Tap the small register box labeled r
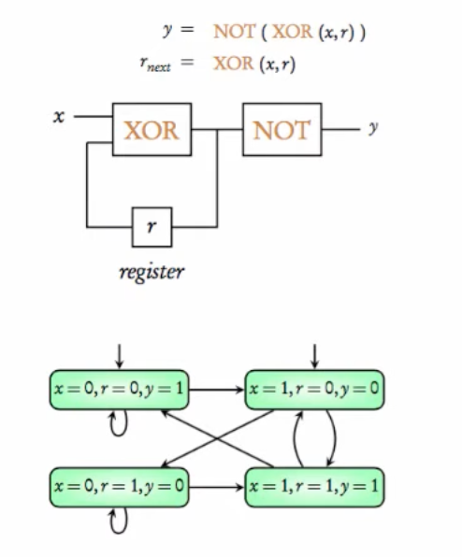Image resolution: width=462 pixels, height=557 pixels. pos(152,226)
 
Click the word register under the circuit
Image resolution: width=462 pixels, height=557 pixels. pos(152,272)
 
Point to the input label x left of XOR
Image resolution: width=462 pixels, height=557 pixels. pos(58,118)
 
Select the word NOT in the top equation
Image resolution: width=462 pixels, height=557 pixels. pos(234,33)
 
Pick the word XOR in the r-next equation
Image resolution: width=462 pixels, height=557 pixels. pos(232,64)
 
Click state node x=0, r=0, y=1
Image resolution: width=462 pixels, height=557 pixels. pos(119,389)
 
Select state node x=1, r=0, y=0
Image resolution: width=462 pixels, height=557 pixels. pos(314,389)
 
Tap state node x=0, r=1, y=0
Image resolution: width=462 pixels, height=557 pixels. pos(119,488)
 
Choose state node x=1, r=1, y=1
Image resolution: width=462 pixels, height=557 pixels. pos(314,488)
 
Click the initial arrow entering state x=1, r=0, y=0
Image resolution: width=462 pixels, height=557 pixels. pos(314,355)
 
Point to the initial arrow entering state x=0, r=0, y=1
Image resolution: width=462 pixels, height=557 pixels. pos(119,355)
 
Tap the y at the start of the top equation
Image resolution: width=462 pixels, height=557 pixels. pos(168,33)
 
